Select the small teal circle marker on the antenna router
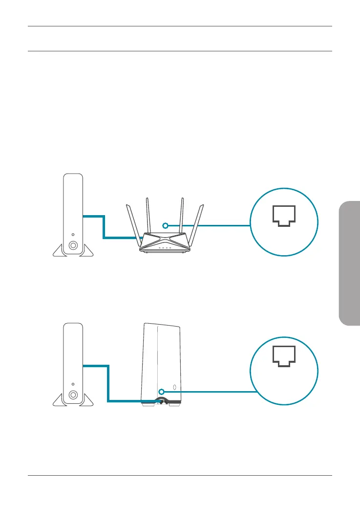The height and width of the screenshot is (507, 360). (166, 225)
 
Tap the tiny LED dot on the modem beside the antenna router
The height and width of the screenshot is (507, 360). (73, 235)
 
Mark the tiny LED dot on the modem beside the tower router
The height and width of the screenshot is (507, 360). (73, 384)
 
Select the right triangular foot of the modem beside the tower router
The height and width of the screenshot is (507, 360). (87, 401)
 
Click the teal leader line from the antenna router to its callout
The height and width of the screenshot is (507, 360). (210, 225)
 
